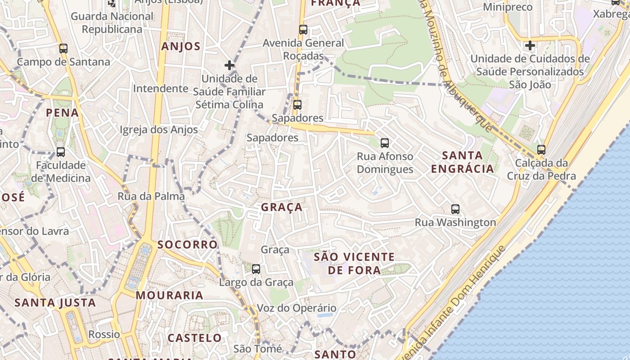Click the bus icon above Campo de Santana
tap(63, 49)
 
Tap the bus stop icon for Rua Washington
tap(455, 209)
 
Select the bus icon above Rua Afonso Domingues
tap(385, 143)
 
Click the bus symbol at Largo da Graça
tap(256, 269)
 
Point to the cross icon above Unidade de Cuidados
tap(530, 45)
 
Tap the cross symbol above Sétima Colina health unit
tap(229, 65)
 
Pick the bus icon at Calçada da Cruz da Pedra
tap(541, 150)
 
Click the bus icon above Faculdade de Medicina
tap(61, 152)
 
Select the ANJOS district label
tap(181, 46)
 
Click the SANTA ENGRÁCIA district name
tap(463, 162)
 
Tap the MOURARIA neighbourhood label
tap(170, 295)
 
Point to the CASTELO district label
tap(195, 337)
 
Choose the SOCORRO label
tap(188, 244)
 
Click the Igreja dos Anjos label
tap(159, 130)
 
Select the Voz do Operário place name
tap(297, 308)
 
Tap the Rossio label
tap(104, 334)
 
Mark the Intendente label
tap(160, 88)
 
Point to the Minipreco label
tap(508, 7)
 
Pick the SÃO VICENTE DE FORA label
tap(354, 263)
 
